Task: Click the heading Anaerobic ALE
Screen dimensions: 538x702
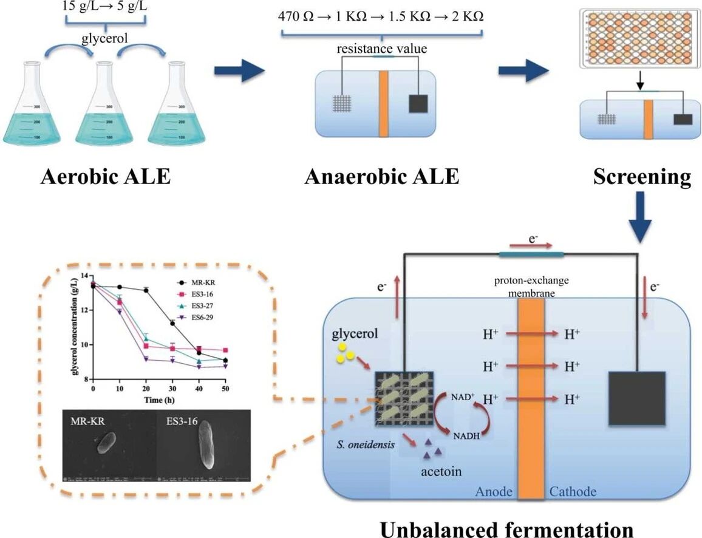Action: point(382,177)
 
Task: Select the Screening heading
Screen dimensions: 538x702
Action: point(642,177)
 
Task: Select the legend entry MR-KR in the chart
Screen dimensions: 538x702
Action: point(203,282)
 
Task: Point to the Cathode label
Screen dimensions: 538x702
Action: point(573,491)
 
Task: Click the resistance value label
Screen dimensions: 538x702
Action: point(383,48)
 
